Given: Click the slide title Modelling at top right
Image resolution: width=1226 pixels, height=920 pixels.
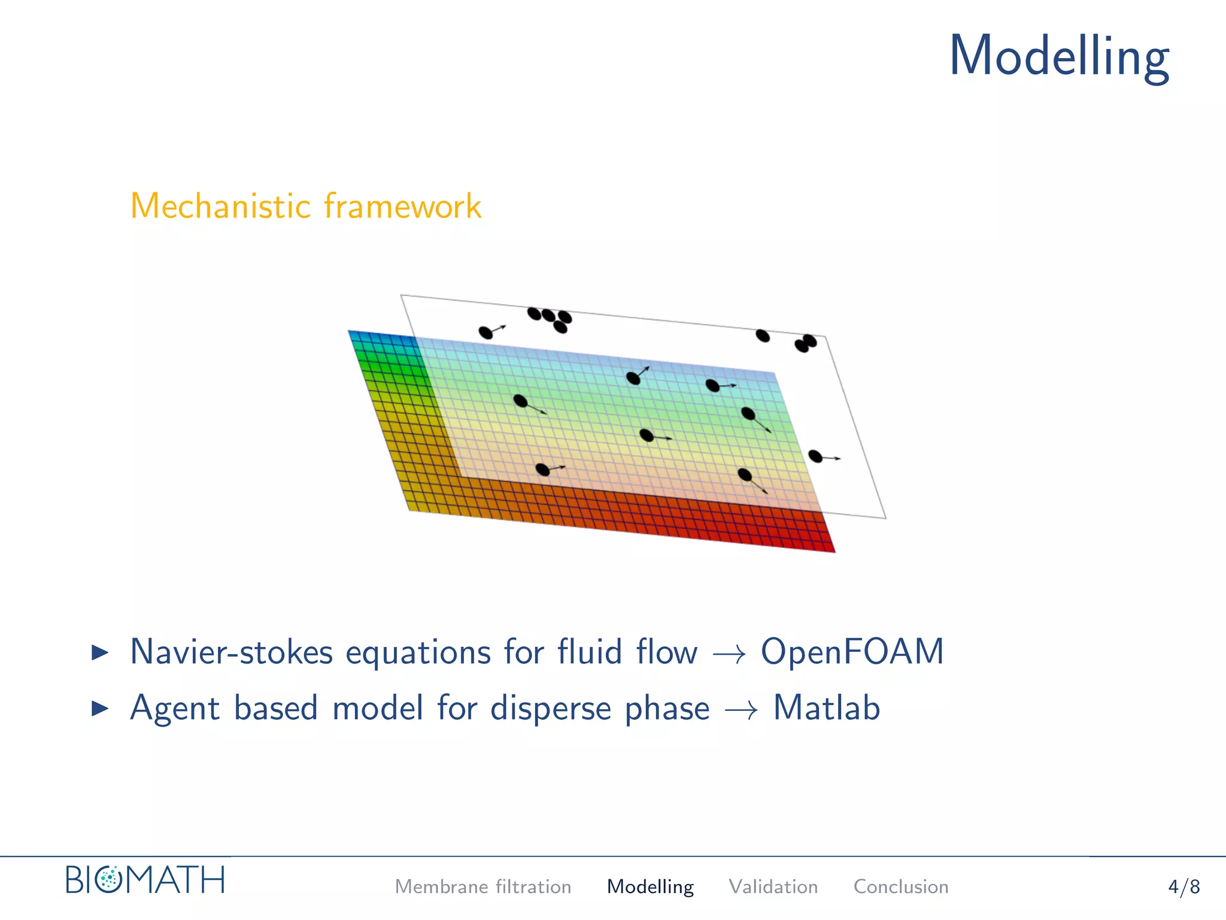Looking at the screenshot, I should (x=1058, y=57).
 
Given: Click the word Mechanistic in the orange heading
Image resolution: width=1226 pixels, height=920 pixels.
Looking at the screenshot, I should (x=220, y=207).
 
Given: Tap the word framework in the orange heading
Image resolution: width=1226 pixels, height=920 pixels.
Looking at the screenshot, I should (x=402, y=207).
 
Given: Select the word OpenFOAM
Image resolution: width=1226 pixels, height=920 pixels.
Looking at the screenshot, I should (x=852, y=652).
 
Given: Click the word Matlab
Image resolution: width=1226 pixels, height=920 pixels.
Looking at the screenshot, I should (x=826, y=708).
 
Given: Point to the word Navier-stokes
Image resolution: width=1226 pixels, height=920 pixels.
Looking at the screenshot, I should (x=231, y=652).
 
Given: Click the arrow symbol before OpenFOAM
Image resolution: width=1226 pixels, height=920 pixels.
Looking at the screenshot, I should (x=729, y=654).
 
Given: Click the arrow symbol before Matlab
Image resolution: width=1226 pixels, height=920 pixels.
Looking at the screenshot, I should (x=741, y=710).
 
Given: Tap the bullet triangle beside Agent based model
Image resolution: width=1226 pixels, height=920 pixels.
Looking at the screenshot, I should (x=100, y=709).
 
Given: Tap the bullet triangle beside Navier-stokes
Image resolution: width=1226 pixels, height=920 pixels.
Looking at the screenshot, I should (x=100, y=652).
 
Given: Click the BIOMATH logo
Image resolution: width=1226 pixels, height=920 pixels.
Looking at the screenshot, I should (x=145, y=880).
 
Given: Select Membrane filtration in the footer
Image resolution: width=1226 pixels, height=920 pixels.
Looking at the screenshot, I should (x=482, y=886).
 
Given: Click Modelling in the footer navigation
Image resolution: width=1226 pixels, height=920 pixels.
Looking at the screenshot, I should (x=650, y=886).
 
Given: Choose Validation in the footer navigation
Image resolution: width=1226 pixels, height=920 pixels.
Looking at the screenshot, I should (x=773, y=886).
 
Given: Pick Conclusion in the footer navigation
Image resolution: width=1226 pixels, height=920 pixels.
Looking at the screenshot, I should (x=900, y=886).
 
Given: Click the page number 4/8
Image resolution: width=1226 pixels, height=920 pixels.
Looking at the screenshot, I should (x=1183, y=886).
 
